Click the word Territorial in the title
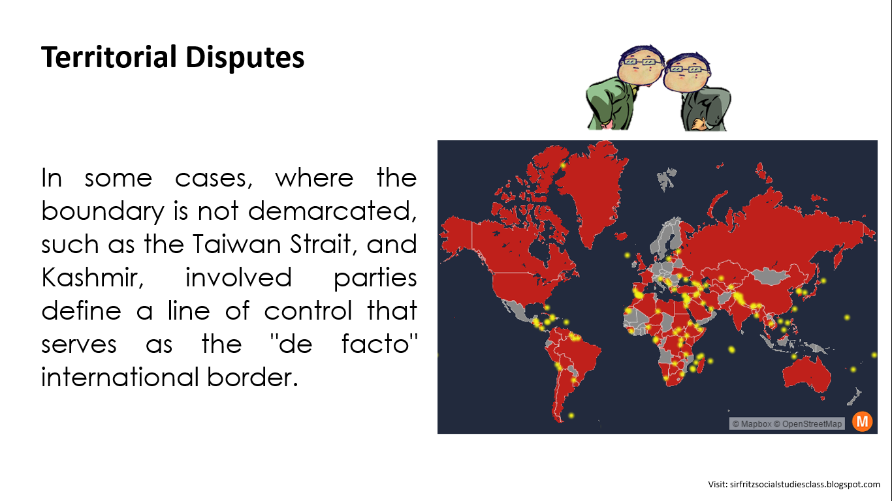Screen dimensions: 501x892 pos(108,57)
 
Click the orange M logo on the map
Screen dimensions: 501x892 pos(862,421)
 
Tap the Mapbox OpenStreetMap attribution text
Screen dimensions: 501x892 pos(786,424)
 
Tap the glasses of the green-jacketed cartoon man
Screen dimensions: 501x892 pos(639,61)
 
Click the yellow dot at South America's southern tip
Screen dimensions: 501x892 pos(571,416)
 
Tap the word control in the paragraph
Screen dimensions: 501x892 pos(308,311)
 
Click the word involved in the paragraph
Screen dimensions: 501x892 pos(238,278)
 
